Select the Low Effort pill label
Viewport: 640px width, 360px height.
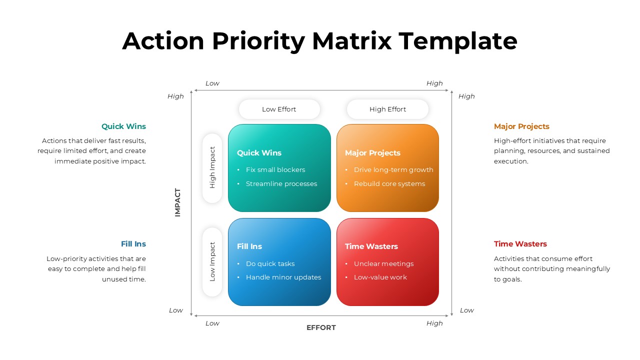(279, 109)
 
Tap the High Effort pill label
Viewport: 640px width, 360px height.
(387, 109)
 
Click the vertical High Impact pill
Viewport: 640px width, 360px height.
(212, 167)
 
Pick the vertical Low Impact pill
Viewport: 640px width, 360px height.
(212, 261)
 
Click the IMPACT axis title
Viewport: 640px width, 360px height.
(177, 202)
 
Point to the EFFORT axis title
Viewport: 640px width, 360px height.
(321, 327)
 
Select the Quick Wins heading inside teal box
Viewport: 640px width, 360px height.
(259, 153)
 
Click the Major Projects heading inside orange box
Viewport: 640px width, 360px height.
(372, 153)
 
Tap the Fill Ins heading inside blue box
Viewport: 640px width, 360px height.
(249, 246)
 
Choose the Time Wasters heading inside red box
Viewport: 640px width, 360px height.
(371, 246)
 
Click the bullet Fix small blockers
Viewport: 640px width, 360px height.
(275, 170)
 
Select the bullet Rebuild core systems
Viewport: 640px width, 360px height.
(389, 184)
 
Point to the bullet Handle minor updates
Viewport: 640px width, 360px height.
(283, 277)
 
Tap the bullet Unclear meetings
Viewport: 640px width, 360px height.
(383, 264)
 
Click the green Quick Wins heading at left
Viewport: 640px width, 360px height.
(123, 126)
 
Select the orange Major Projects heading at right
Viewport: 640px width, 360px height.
(521, 126)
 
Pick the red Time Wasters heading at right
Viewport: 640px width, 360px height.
(520, 244)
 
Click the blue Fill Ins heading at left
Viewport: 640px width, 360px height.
(133, 244)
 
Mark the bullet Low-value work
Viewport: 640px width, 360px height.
(380, 277)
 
